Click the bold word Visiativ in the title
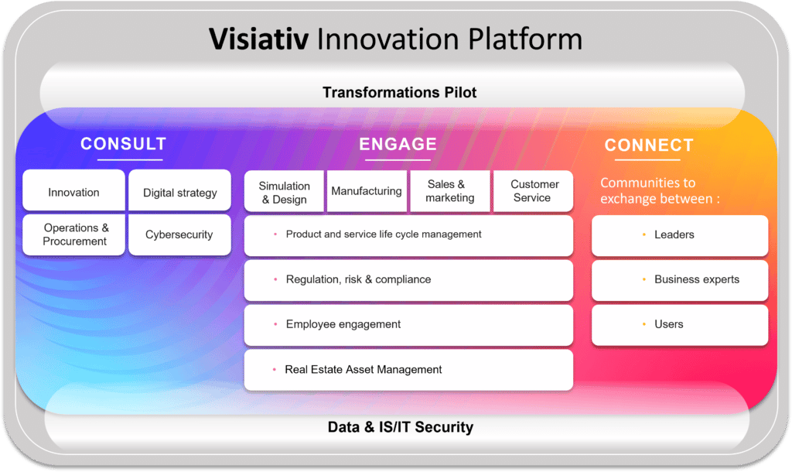(258, 39)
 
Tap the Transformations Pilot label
(400, 93)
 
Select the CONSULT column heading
(123, 144)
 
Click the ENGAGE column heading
(398, 144)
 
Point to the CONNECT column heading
(649, 145)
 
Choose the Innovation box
(73, 190)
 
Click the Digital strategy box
(179, 190)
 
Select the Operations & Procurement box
(73, 234)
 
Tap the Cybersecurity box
(179, 234)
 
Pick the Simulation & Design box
(284, 191)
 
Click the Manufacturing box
(367, 191)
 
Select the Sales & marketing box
(450, 191)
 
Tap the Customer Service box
(534, 191)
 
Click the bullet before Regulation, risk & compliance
(275, 279)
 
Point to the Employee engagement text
(343, 324)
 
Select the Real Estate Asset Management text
(364, 369)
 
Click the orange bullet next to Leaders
(644, 234)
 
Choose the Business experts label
(697, 279)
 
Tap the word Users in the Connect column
(669, 324)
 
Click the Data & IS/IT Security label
(401, 427)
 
